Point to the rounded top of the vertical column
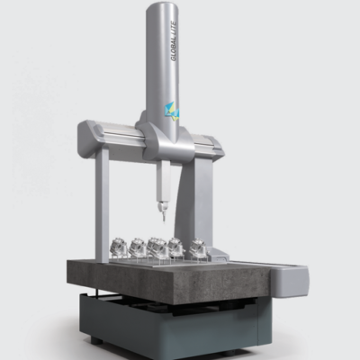167,7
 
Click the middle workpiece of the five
157,247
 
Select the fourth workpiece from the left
176,247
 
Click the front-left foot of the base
94,340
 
